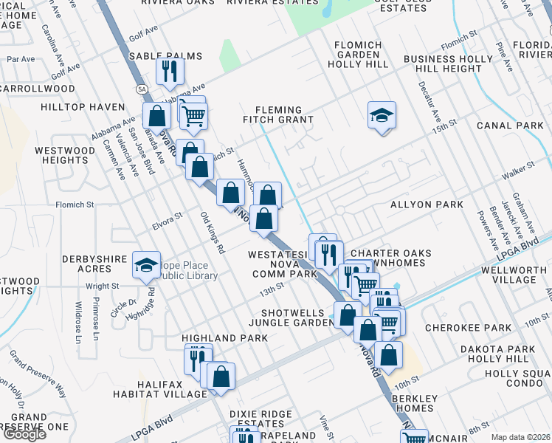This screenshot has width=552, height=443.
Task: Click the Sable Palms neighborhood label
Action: pyautogui.click(x=154, y=56)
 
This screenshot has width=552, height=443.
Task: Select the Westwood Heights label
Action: pyautogui.click(x=66, y=155)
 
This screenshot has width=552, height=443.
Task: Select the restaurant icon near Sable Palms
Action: pyautogui.click(x=170, y=71)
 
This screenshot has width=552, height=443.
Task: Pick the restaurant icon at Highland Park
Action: pyautogui.click(x=198, y=359)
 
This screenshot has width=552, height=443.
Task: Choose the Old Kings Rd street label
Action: pyautogui.click(x=212, y=233)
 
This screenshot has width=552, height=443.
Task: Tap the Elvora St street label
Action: pyautogui.click(x=167, y=220)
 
